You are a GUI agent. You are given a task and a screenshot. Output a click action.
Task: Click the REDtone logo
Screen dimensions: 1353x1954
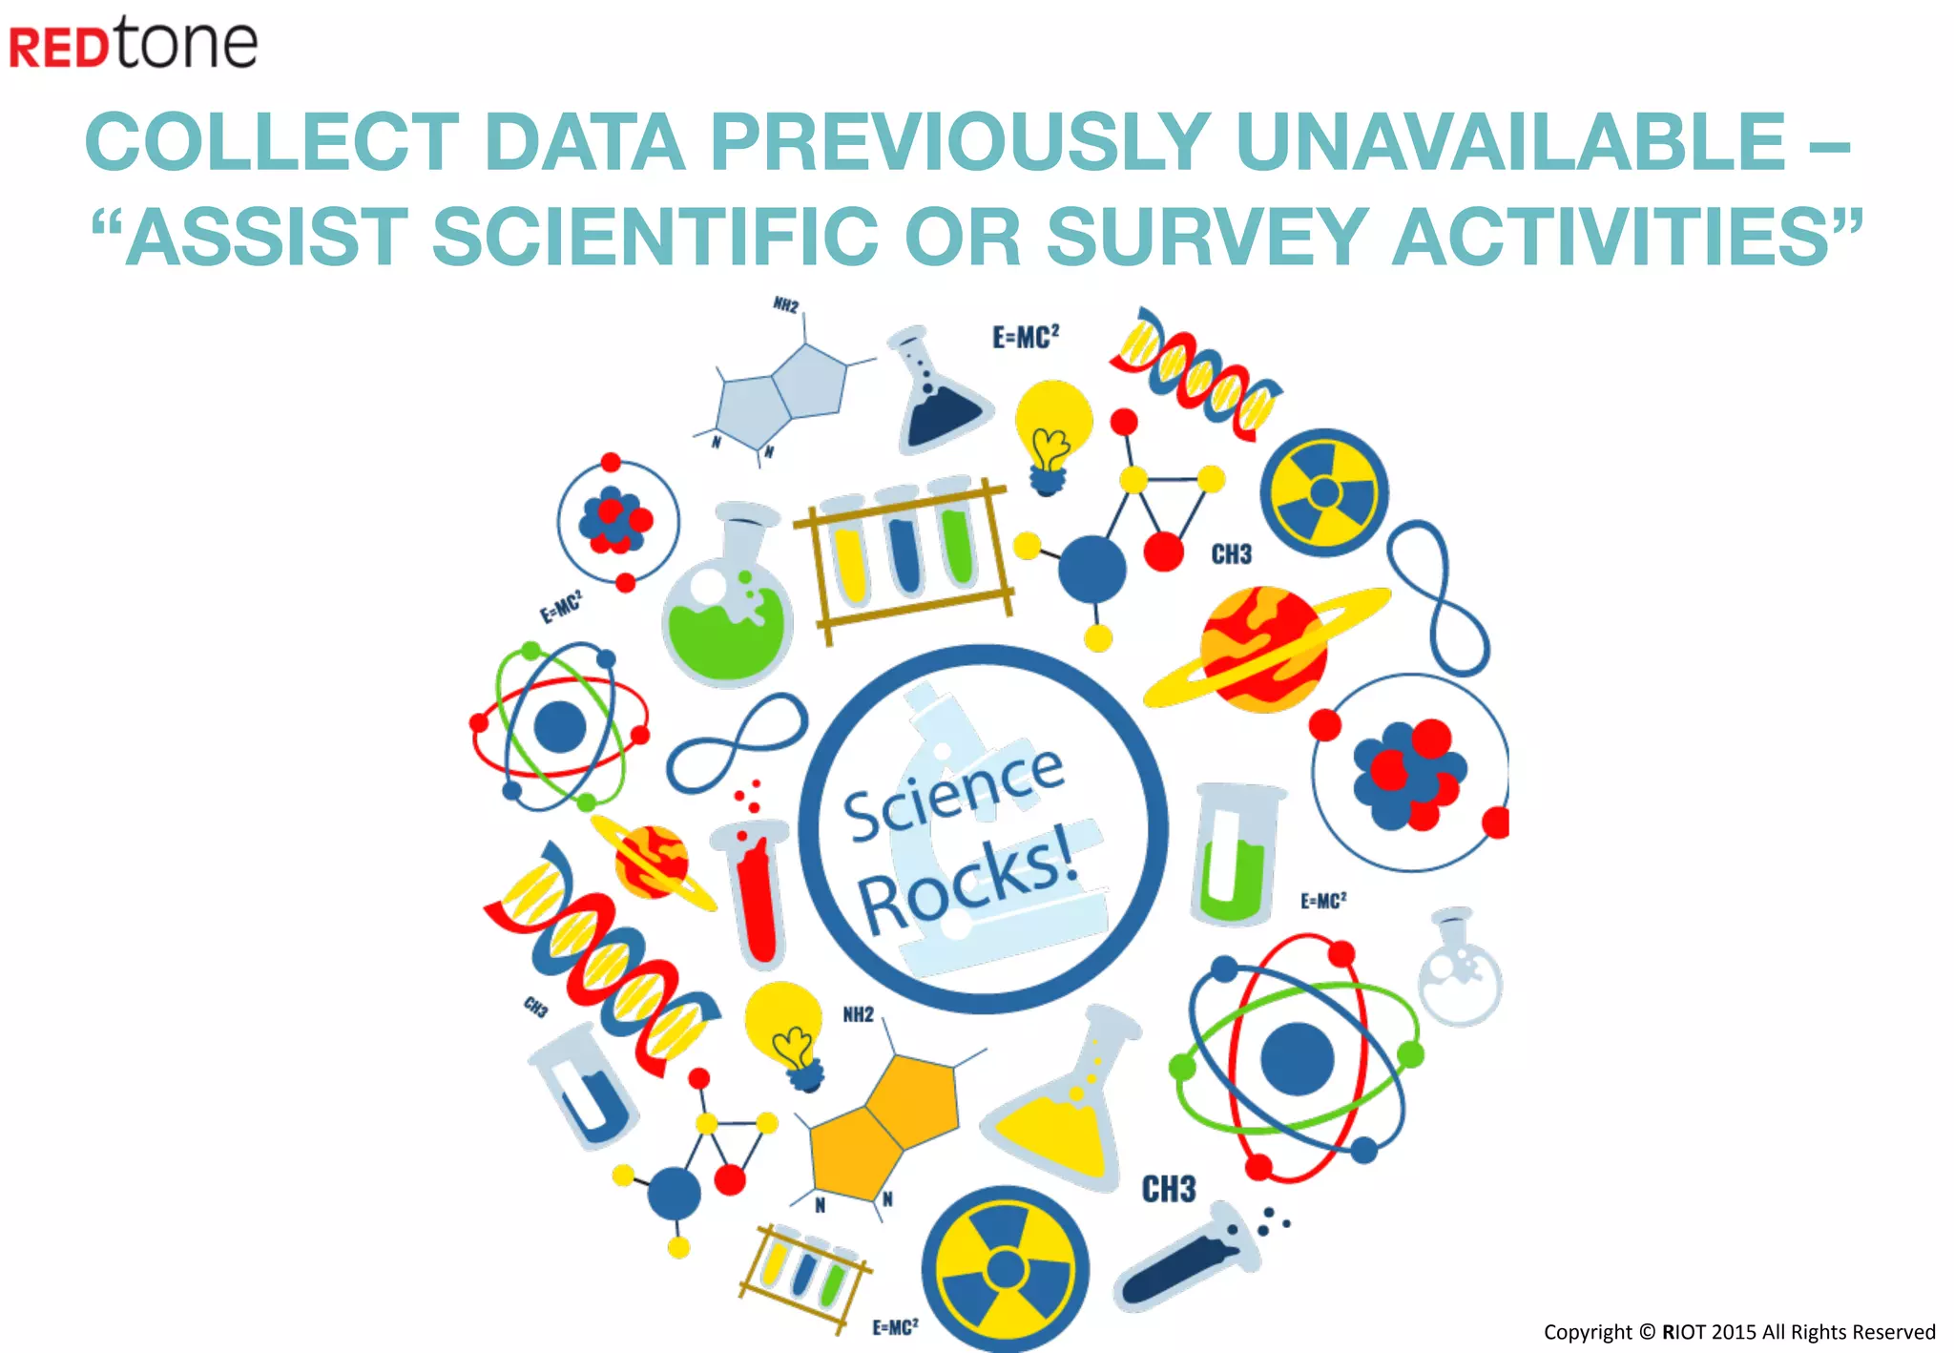[x=134, y=42]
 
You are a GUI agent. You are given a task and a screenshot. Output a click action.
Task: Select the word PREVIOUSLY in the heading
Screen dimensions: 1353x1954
[x=960, y=142]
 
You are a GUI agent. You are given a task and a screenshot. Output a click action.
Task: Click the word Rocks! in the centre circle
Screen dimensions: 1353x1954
[x=968, y=883]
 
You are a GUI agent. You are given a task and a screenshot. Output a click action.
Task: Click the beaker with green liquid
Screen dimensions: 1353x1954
[x=1234, y=854]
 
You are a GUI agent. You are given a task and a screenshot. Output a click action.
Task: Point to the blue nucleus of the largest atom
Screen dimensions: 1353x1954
[x=1297, y=1058]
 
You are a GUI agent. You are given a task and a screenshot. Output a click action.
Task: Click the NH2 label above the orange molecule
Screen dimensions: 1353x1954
[x=858, y=1014]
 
